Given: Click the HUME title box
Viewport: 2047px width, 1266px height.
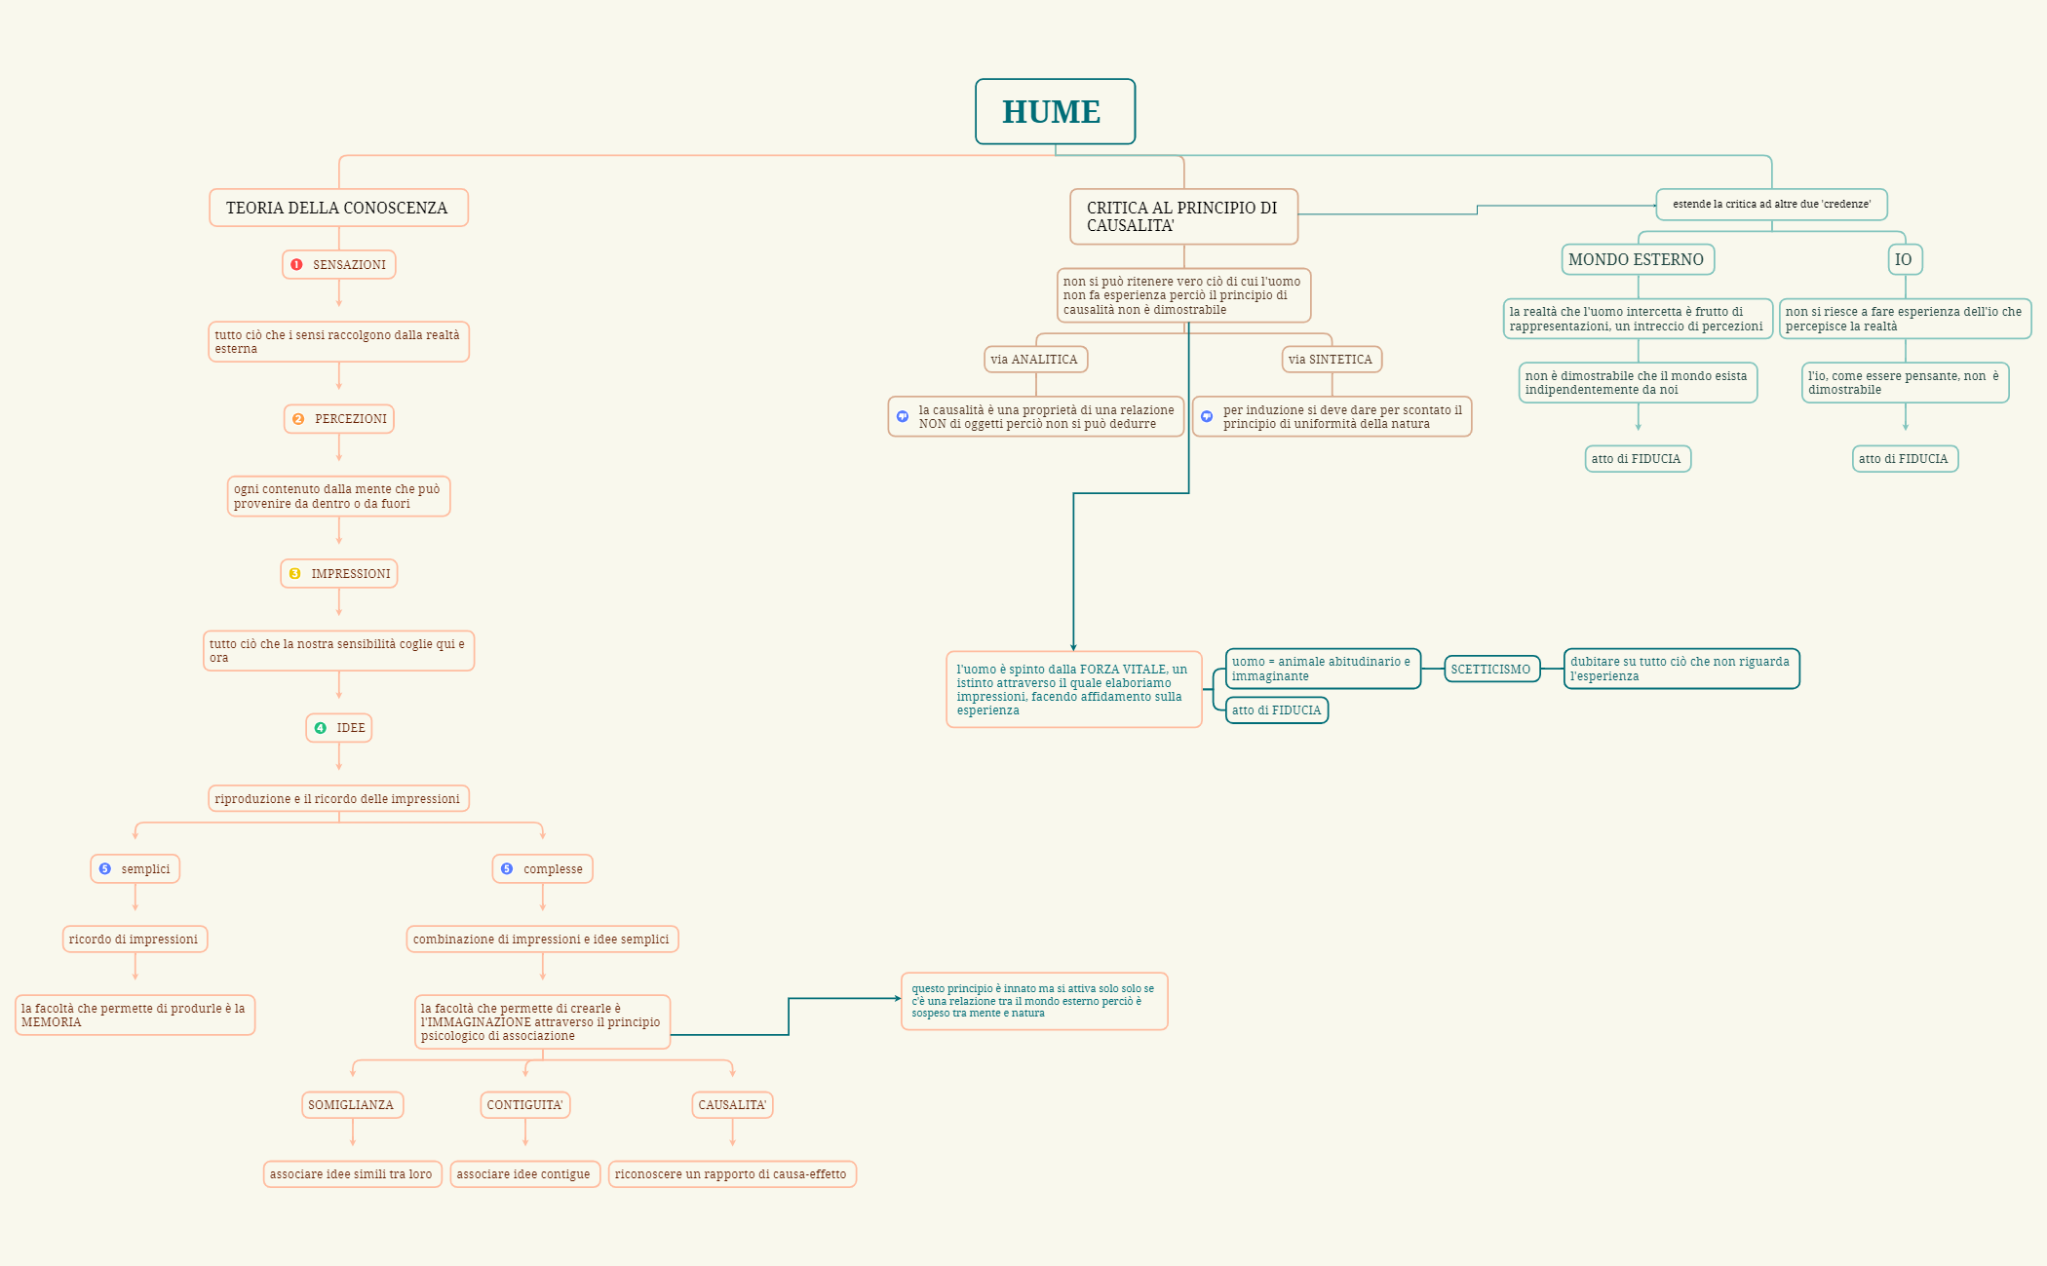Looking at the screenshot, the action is pyautogui.click(x=1055, y=112).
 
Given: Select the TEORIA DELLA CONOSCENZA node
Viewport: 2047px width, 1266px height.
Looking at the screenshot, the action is pyautogui.click(x=338, y=208).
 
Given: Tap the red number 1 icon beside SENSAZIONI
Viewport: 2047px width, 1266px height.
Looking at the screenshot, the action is pyautogui.click(x=297, y=265).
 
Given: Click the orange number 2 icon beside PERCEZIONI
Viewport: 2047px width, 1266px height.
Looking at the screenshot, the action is pyautogui.click(x=298, y=419).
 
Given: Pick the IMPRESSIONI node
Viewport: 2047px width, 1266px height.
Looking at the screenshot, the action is pyautogui.click(x=339, y=574).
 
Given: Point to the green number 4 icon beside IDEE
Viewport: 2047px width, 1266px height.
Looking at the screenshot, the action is pyautogui.click(x=320, y=728).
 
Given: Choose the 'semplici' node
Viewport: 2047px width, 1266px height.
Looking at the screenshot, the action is pyautogui.click(x=135, y=869).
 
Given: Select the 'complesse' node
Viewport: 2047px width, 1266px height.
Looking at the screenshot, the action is pyautogui.click(x=543, y=869).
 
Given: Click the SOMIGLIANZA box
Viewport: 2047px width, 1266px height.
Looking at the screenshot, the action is pyautogui.click(x=352, y=1105).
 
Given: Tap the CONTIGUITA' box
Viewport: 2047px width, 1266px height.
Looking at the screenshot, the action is pyautogui.click(x=525, y=1105).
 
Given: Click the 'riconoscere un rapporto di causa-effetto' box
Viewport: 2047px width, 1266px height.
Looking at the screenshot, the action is pyautogui.click(x=732, y=1174).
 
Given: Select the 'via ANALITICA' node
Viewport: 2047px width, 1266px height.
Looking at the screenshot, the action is pyautogui.click(x=1035, y=360).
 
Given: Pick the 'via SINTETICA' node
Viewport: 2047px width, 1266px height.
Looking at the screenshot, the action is pyautogui.click(x=1332, y=360).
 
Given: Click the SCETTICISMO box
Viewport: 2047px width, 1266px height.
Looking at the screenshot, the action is pyautogui.click(x=1491, y=670).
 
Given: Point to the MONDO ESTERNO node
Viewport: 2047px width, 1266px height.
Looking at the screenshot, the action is pyautogui.click(x=1637, y=260).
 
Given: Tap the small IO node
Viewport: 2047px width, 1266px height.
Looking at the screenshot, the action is pyautogui.click(x=1905, y=260).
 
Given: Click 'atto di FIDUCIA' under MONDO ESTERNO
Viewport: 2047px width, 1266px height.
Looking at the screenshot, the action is pyautogui.click(x=1638, y=459).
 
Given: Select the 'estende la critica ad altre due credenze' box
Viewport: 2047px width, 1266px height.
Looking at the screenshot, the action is pyautogui.click(x=1771, y=205).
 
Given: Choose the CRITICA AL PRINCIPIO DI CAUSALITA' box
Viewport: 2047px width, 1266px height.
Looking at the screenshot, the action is pyautogui.click(x=1183, y=216).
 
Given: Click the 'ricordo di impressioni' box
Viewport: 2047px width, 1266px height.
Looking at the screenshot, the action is pyautogui.click(x=135, y=940).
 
